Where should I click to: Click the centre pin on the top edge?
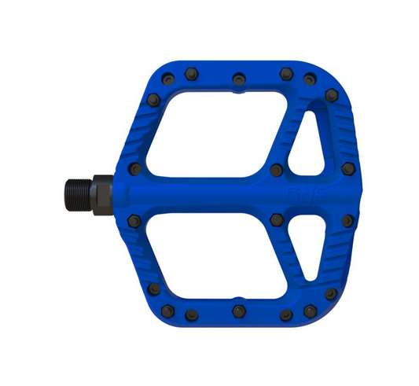coord(238,78)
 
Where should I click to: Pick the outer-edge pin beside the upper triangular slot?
coord(348,168)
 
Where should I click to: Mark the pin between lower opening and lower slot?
coord(276,219)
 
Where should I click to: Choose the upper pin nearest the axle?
coord(135,169)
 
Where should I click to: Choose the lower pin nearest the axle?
coord(135,221)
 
